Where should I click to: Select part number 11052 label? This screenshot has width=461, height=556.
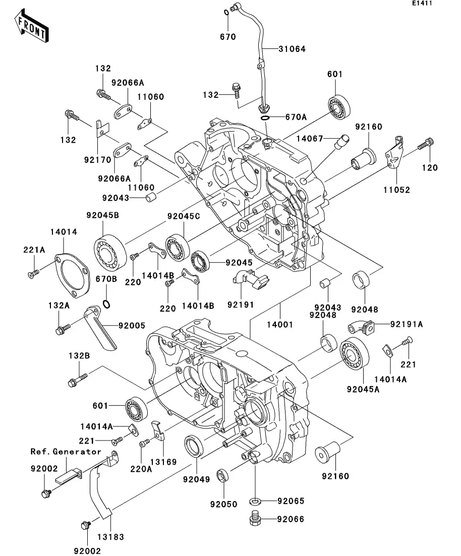tap(396, 190)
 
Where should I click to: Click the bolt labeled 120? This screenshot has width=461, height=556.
tap(425, 146)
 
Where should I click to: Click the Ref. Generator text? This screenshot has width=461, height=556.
tap(66, 451)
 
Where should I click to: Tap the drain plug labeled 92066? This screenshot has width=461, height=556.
tap(255, 519)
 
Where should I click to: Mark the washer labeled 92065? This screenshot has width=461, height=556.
tap(255, 501)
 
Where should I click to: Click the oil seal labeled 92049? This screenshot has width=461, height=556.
tap(194, 446)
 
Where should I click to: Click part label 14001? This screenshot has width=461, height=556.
tap(279, 325)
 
